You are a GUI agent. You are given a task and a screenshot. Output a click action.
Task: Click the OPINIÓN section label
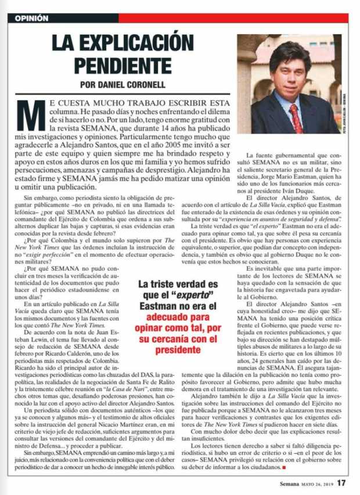click(x=31, y=18)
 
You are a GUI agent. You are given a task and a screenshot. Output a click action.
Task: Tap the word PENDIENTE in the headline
click(x=121, y=62)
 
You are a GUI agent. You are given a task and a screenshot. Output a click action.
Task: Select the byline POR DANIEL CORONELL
click(x=121, y=82)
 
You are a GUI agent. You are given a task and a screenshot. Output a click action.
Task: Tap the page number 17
click(x=342, y=482)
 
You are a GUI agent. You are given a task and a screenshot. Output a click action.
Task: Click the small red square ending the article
click(x=286, y=467)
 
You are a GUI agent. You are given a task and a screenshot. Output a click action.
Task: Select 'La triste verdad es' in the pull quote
click(x=178, y=284)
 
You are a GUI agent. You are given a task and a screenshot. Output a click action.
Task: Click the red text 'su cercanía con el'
click(x=178, y=340)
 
